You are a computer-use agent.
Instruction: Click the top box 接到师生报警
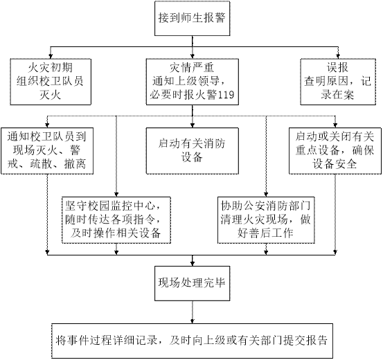pos(193,18)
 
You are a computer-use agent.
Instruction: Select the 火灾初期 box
pos(51,82)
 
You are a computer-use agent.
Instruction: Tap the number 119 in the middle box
pos(226,95)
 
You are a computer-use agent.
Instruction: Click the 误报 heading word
pos(337,68)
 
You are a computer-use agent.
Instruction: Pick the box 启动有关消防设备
pos(193,151)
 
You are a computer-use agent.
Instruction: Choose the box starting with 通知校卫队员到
pos(47,151)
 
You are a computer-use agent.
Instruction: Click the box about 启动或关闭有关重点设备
pos(335,151)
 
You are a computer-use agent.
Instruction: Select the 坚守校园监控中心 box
pos(116,220)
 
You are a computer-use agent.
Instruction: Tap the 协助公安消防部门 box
pos(266,220)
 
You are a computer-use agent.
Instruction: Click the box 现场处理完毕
pos(193,283)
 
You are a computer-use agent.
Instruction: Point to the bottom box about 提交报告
pos(193,341)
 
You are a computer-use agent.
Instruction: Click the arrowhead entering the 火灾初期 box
pos(51,56)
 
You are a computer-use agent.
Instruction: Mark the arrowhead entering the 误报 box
pos(338,56)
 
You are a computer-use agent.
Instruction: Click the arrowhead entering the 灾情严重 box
pos(193,56)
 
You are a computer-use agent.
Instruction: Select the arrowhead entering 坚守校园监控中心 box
pos(116,195)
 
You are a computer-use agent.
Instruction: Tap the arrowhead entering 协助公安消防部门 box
pos(266,195)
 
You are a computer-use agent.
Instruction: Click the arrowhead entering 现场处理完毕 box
pos(193,264)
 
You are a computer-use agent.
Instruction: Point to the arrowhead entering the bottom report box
pos(193,321)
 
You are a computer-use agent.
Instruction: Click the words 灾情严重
pos(192,68)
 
